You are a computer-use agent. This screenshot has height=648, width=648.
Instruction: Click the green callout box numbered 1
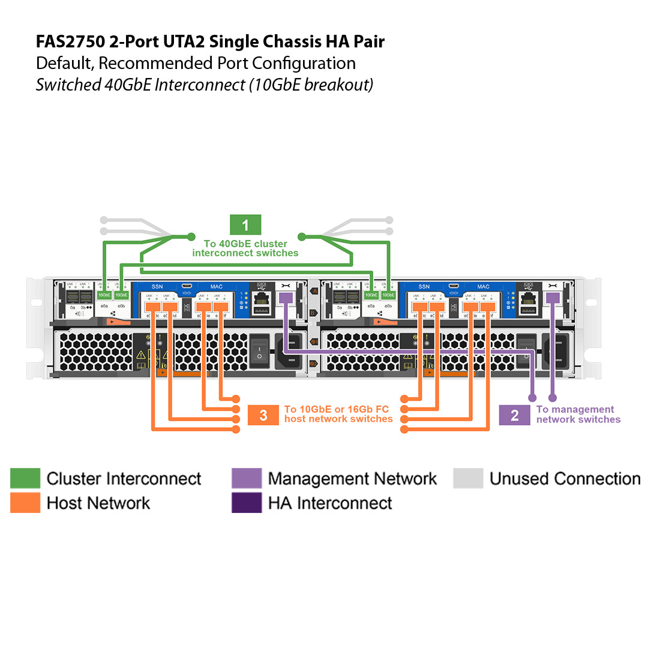pyautogui.click(x=245, y=225)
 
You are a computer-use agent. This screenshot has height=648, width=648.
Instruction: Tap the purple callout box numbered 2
pyautogui.click(x=514, y=415)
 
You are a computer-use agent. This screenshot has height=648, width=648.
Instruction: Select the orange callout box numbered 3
pyautogui.click(x=263, y=415)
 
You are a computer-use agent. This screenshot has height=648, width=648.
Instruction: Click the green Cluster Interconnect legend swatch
pyautogui.click(x=25, y=478)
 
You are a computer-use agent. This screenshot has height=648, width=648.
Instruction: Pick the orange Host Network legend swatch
pyautogui.click(x=25, y=503)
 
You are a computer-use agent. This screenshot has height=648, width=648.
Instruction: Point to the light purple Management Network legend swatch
pyautogui.click(x=247, y=478)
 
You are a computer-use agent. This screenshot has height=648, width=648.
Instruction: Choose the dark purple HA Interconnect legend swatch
pyautogui.click(x=247, y=503)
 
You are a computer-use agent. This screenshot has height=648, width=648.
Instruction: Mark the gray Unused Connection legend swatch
pyautogui.click(x=468, y=478)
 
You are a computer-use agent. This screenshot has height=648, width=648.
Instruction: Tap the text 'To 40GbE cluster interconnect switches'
pyautogui.click(x=245, y=248)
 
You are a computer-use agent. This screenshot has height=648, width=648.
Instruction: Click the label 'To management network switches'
pyautogui.click(x=578, y=415)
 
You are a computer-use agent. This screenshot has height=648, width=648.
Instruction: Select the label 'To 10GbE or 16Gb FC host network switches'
pyautogui.click(x=338, y=414)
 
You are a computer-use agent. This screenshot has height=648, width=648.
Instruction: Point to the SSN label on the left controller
pyautogui.click(x=157, y=287)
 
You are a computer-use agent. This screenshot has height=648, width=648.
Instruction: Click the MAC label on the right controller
pyautogui.click(x=483, y=287)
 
